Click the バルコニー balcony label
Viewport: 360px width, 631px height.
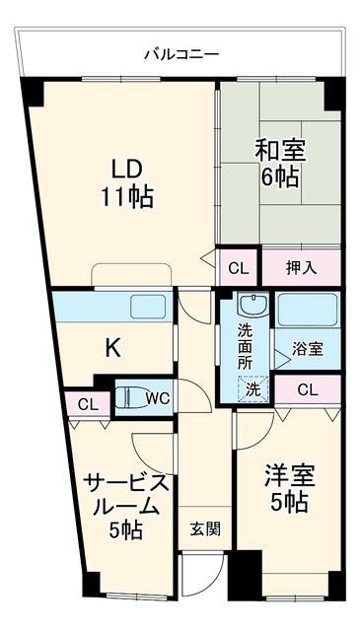(181, 54)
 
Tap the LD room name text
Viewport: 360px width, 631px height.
(127, 170)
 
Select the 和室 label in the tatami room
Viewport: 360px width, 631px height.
(280, 151)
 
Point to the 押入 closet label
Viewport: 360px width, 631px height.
(301, 268)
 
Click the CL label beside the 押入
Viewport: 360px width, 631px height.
(239, 268)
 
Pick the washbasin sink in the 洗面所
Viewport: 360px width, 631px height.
(253, 304)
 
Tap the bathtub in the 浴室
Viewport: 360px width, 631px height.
(308, 310)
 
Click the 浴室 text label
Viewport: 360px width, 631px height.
(308, 349)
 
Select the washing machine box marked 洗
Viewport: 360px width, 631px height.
(252, 389)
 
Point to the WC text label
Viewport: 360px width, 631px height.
(158, 398)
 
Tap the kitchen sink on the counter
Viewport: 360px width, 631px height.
(148, 307)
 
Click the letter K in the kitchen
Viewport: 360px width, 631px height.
(113, 348)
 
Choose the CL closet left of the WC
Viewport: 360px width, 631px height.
(88, 404)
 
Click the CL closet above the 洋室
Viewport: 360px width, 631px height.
(308, 389)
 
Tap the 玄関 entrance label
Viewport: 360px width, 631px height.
(205, 528)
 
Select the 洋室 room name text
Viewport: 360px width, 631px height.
(290, 476)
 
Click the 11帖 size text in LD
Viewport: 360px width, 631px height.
(127, 197)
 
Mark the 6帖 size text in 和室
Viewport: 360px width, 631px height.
(280, 177)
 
